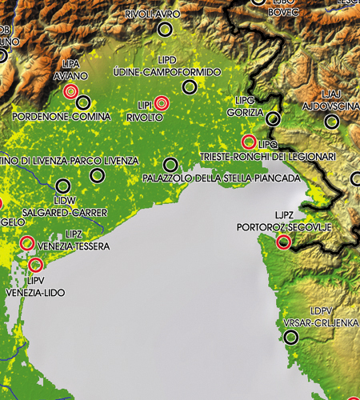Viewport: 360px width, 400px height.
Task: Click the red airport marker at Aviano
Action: pyautogui.click(x=70, y=91)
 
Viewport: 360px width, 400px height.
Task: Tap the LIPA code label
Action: pyautogui.click(x=70, y=62)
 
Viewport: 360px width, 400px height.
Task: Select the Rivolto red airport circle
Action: pyautogui.click(x=162, y=102)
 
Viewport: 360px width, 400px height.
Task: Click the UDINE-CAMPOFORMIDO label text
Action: pyautogui.click(x=166, y=72)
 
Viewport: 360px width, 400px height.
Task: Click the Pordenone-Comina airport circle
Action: pyautogui.click(x=82, y=102)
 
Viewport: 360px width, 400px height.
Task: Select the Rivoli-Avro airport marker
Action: pyautogui.click(x=165, y=29)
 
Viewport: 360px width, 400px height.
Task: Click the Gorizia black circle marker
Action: pyautogui.click(x=274, y=119)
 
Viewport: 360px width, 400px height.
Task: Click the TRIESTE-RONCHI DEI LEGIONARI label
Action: pyautogui.click(x=267, y=157)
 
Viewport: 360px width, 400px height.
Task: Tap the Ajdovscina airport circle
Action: pyautogui.click(x=332, y=122)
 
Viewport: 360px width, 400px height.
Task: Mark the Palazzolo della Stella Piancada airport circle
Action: pyautogui.click(x=169, y=163)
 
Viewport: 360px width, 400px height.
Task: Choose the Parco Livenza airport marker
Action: pyautogui.click(x=98, y=174)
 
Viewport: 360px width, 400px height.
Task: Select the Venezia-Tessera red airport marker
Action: pyautogui.click(x=26, y=242)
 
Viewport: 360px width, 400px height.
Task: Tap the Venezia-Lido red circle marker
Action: pyautogui.click(x=35, y=264)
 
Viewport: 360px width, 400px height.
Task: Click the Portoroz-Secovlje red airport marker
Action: pyautogui.click(x=283, y=242)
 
